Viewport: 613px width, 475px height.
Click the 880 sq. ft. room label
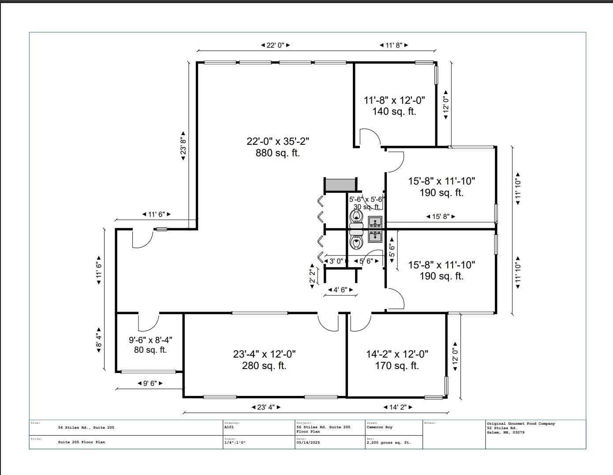277,153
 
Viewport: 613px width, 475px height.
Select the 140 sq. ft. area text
394,111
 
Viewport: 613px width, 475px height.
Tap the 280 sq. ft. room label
264,366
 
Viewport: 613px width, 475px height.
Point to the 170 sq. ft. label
397,366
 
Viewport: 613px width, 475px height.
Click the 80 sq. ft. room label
150,350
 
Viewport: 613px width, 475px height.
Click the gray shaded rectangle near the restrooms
340,185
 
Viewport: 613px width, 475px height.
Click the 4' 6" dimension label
340,290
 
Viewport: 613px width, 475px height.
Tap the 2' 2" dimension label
312,276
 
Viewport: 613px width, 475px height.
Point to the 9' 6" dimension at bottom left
150,383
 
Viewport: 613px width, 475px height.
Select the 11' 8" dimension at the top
394,45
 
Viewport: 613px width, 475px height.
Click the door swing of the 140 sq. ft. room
370,136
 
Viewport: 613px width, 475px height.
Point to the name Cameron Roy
379,427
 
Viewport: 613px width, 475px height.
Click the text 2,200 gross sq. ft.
389,442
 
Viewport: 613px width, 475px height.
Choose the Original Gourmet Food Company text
521,424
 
